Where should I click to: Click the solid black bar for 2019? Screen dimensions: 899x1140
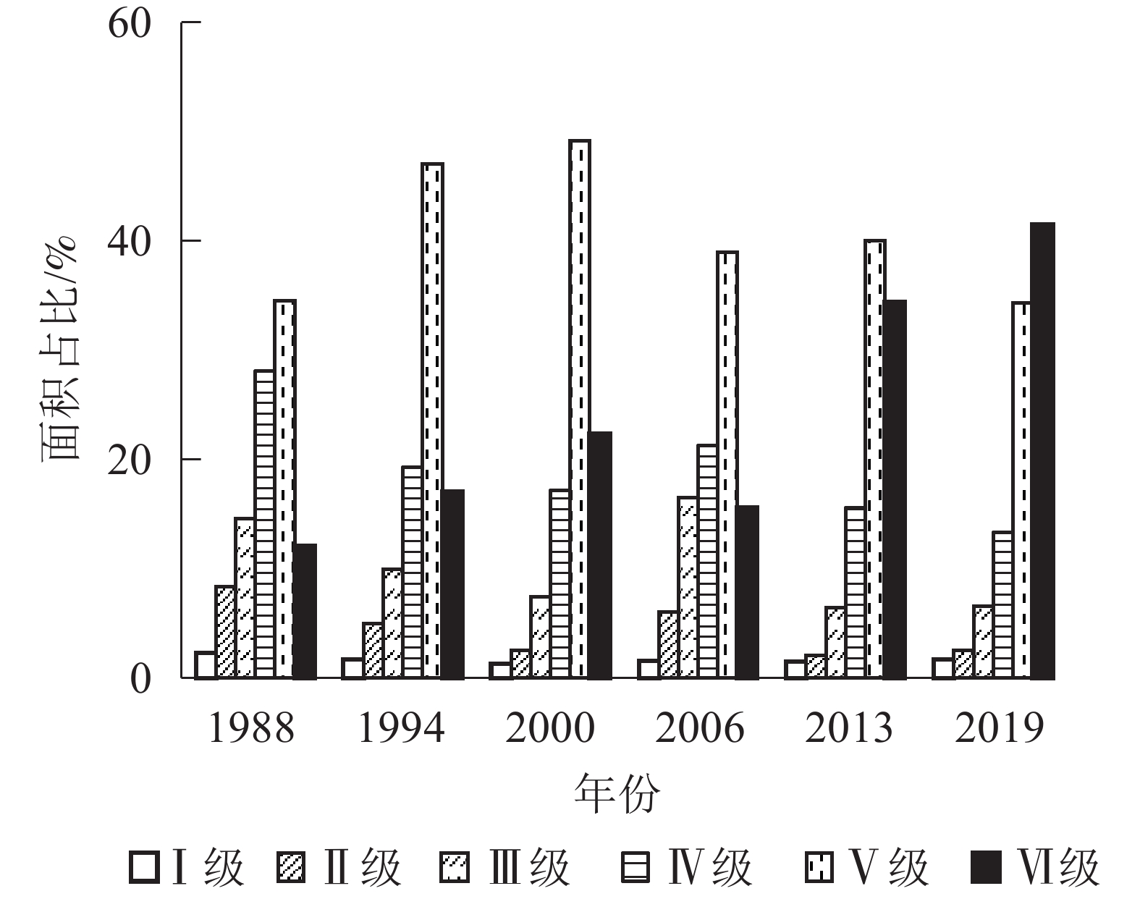click(1042, 450)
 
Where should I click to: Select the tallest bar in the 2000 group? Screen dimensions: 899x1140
click(580, 409)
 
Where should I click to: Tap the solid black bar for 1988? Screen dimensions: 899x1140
click(305, 611)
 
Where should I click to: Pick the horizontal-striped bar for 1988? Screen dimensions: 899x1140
click(264, 524)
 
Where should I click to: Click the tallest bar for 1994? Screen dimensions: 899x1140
click(432, 421)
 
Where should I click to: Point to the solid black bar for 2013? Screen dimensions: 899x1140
click(895, 489)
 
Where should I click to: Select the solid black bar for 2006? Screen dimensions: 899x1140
click(747, 591)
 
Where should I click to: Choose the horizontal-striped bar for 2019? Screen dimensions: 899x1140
click(1002, 604)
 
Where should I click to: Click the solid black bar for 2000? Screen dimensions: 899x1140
click(600, 554)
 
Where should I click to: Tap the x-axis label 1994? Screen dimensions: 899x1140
click(401, 728)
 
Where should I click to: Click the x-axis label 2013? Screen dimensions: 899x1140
click(848, 728)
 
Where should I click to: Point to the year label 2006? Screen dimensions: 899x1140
click(699, 728)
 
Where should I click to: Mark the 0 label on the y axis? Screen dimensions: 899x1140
click(140, 679)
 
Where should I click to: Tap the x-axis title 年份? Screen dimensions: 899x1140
click(617, 794)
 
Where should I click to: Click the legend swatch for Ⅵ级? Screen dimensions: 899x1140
click(987, 867)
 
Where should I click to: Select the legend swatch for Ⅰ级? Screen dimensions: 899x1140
click(143, 867)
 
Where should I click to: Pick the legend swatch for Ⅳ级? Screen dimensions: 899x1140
click(635, 867)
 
